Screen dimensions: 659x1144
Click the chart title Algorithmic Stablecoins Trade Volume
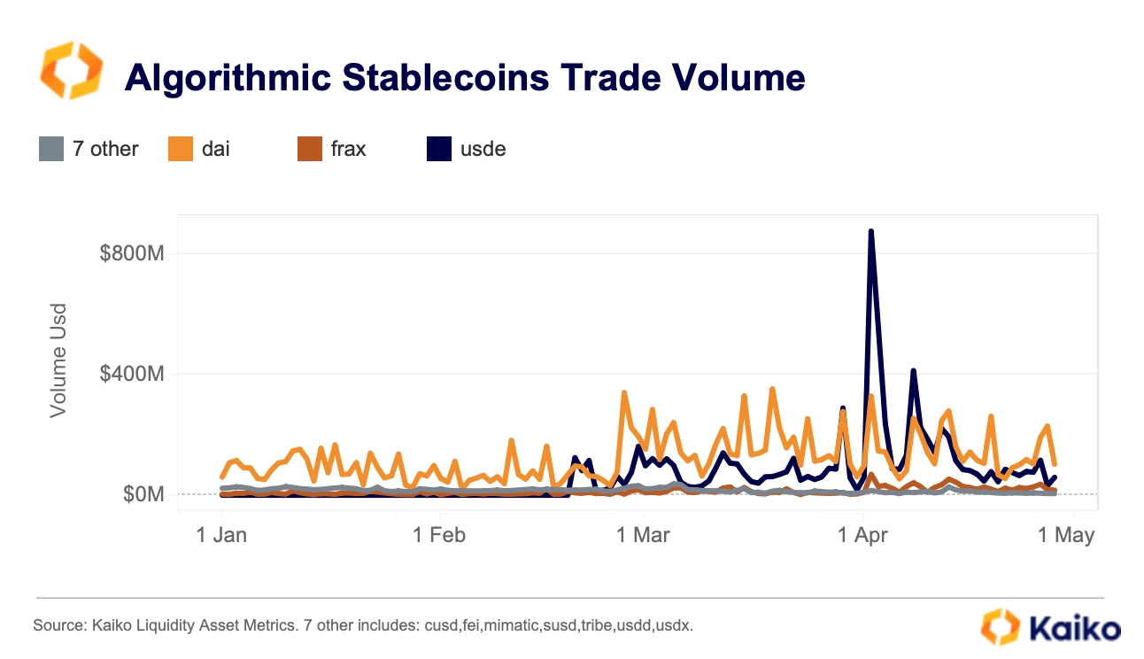(465, 78)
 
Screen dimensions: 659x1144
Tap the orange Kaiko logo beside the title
(71, 71)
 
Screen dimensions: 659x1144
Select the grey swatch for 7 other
(51, 149)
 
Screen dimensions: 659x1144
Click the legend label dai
(215, 149)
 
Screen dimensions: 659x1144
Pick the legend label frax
(348, 149)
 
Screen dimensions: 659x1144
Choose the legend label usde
(483, 149)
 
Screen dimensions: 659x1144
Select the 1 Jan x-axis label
(221, 535)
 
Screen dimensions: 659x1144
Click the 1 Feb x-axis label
(440, 535)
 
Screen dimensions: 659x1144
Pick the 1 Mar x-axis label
(644, 535)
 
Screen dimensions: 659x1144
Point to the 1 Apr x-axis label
(863, 535)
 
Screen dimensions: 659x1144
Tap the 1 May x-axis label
(1066, 535)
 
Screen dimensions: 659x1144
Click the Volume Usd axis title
(58, 361)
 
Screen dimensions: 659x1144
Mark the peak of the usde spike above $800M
(871, 232)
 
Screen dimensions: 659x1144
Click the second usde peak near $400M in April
(913, 371)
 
